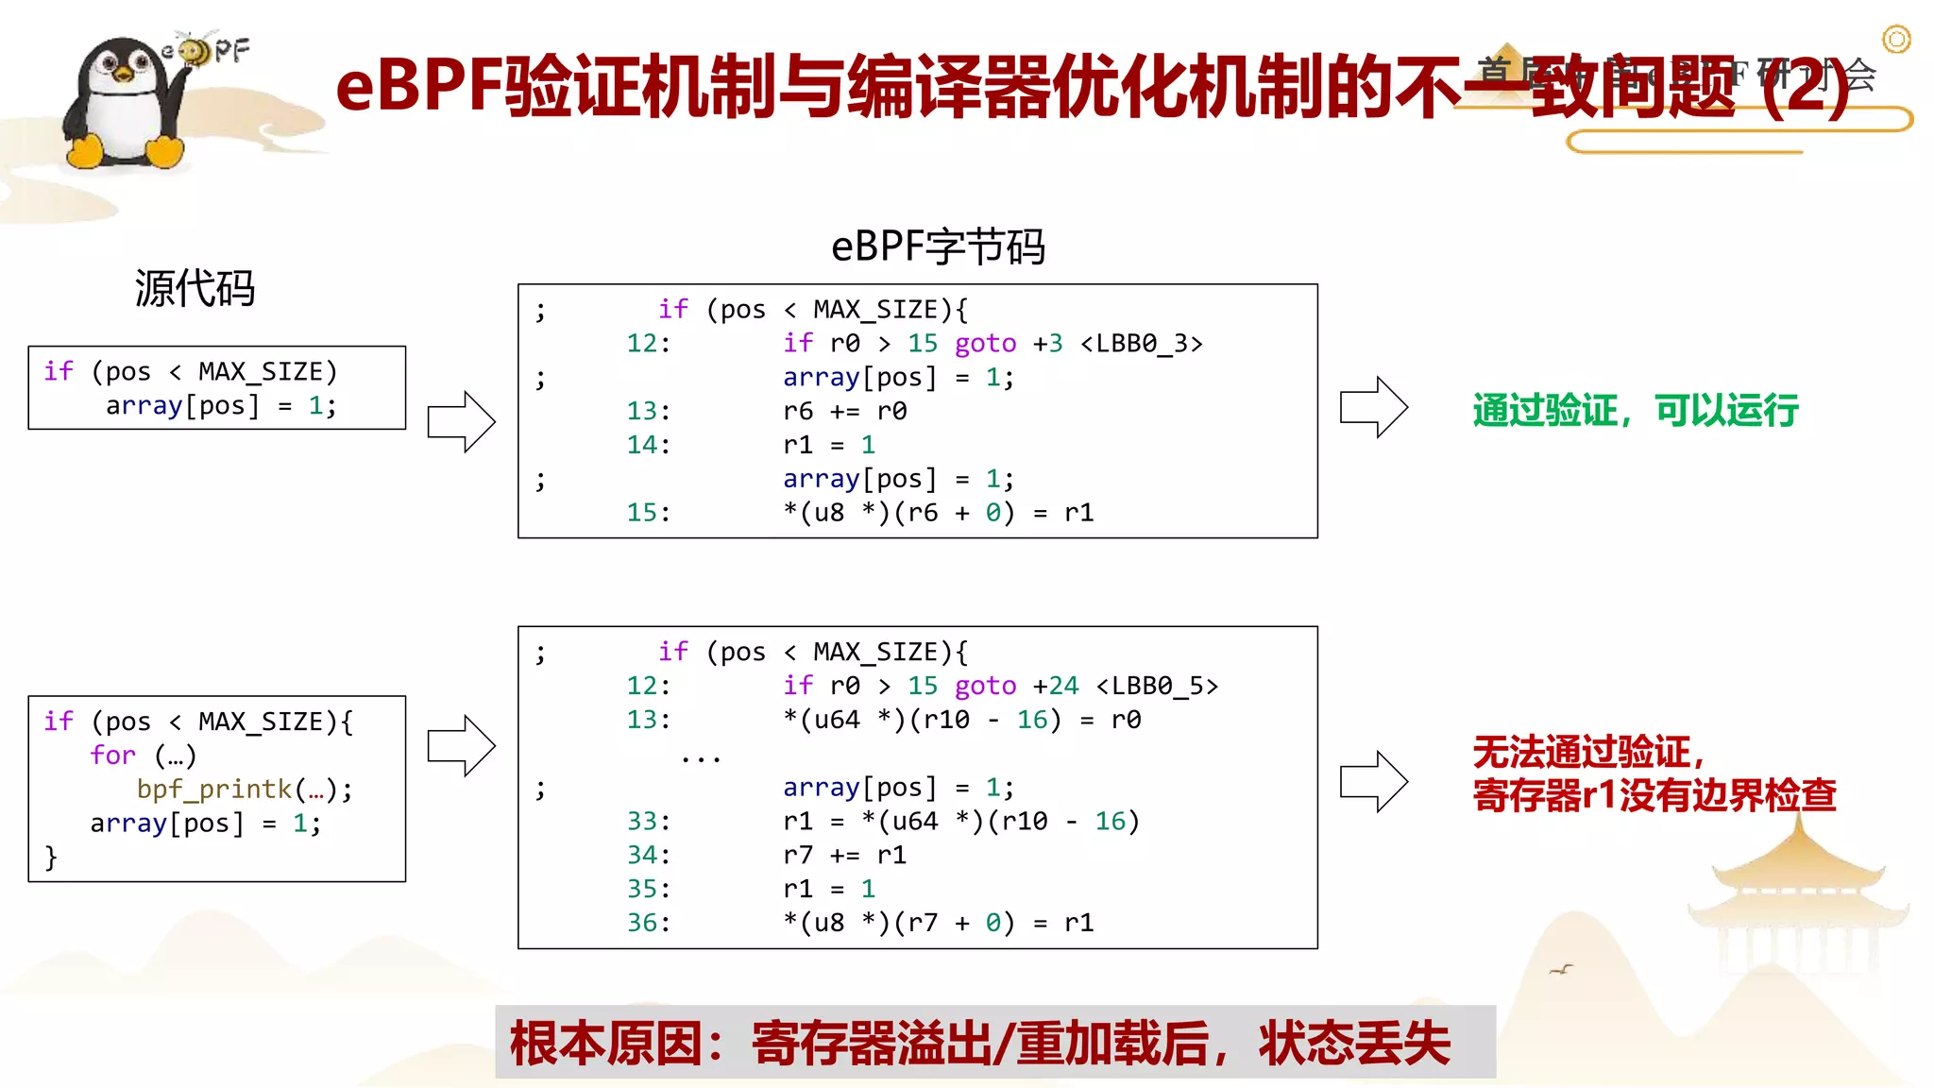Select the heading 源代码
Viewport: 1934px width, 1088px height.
(195, 288)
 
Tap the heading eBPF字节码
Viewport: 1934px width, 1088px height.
(938, 247)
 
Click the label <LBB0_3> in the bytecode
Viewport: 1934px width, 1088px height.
(1142, 344)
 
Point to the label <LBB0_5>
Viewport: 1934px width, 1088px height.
(1158, 686)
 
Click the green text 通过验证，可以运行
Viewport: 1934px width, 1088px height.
(1635, 411)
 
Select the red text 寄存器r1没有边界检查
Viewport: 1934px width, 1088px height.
(1654, 795)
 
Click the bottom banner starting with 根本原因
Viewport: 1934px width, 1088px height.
(994, 1043)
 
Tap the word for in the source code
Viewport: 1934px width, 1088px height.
(113, 756)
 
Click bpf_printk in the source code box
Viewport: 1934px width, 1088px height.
(214, 790)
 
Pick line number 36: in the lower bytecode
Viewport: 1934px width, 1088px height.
(648, 923)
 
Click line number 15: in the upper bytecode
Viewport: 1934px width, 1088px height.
(648, 513)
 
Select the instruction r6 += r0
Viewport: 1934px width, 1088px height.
(844, 412)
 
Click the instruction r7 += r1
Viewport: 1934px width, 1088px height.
(844, 856)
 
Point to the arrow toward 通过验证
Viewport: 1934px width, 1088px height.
(1374, 407)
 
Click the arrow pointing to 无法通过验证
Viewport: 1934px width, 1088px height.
(1374, 781)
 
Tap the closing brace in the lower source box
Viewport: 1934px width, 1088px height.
(51, 858)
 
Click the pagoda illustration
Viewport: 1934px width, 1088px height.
(1799, 897)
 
